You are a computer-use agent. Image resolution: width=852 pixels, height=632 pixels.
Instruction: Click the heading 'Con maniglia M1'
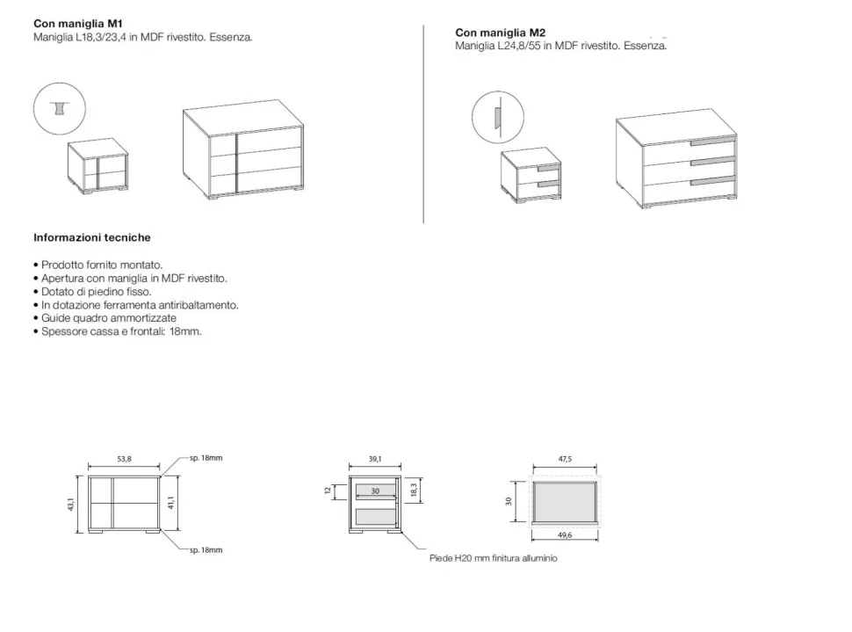click(x=77, y=24)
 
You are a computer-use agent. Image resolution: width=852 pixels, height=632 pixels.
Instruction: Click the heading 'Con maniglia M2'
click(x=500, y=33)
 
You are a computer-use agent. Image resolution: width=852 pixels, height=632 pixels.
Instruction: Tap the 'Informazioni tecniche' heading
click(x=92, y=237)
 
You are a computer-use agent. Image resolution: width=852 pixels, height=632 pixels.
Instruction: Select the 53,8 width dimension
click(x=125, y=459)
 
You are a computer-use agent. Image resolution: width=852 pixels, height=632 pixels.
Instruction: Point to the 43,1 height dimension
click(x=70, y=505)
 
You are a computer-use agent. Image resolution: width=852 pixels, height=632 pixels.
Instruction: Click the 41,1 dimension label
click(x=170, y=503)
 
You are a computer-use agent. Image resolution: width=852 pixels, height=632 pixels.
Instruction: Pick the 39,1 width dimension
click(x=375, y=459)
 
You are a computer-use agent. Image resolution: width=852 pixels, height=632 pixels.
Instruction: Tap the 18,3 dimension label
click(x=414, y=490)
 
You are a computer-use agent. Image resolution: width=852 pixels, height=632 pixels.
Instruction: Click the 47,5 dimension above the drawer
click(x=565, y=459)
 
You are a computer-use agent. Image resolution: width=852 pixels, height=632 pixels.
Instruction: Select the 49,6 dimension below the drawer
click(x=565, y=535)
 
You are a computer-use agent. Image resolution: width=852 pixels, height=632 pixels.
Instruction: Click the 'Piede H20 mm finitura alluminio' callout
click(x=494, y=558)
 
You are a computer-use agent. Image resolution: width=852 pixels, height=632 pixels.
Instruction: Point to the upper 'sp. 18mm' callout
click(x=206, y=458)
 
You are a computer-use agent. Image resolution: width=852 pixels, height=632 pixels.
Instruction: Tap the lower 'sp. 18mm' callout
click(x=206, y=550)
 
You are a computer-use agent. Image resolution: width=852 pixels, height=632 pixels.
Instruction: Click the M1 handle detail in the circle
click(x=59, y=108)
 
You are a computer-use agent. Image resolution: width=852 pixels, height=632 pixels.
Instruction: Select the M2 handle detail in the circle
click(x=497, y=118)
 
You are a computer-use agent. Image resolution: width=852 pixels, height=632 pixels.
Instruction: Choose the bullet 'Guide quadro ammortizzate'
click(x=105, y=317)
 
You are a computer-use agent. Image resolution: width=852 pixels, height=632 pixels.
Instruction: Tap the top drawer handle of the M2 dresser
click(x=712, y=142)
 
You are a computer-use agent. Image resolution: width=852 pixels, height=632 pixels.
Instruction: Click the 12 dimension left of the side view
click(x=328, y=490)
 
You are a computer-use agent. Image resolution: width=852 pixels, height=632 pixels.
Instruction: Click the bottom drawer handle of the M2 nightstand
click(x=548, y=185)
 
